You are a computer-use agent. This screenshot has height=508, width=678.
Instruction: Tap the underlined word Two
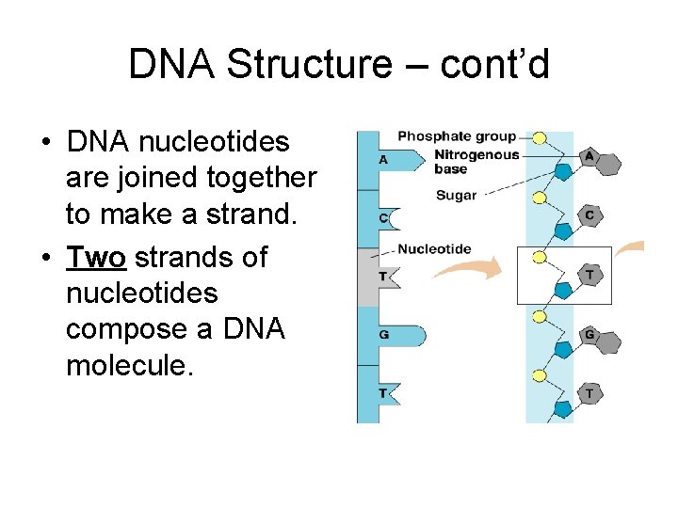coord(95,257)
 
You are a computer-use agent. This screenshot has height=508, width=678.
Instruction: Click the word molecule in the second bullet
coord(129,364)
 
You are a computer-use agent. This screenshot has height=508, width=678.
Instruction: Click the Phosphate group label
coord(457,136)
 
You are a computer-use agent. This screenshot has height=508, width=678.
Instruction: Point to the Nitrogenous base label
coord(476,161)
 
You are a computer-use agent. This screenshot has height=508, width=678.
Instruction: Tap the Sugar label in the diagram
coord(456,196)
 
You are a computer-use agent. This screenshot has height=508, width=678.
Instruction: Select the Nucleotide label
coord(434,249)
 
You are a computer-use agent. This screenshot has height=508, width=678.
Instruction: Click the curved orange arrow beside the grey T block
coord(470,271)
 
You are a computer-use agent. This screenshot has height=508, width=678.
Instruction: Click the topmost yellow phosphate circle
coord(540,138)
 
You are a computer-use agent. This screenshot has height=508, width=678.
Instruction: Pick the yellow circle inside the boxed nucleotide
coord(540,257)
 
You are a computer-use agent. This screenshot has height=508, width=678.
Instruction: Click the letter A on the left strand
coord(383,160)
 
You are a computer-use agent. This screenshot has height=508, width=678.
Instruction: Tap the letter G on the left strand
coord(383,334)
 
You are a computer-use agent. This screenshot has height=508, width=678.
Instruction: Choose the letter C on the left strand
coord(382,218)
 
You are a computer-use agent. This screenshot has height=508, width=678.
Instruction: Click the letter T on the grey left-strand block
coord(382,276)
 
